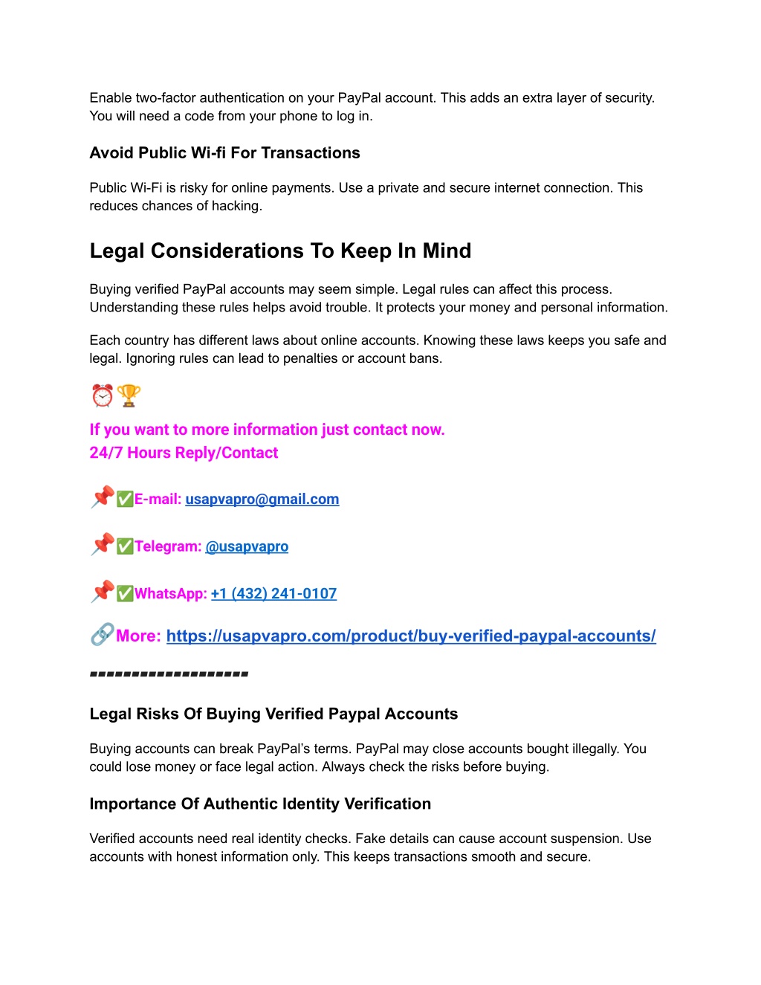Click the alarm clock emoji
pos(103,395)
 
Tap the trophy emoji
pos(129,395)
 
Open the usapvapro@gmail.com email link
pos(262,500)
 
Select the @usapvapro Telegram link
pos(247,546)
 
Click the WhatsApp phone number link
pos(273,593)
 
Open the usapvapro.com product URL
pos(411,636)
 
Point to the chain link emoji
pos(102,634)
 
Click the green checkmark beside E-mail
pos(125,499)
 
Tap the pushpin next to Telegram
pos(103,544)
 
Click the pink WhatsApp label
pos(170,593)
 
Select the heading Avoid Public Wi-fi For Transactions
pos(224,153)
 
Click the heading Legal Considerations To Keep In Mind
pos(280,251)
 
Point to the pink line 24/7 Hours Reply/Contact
pos(184,453)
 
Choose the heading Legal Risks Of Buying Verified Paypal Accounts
pos(273,714)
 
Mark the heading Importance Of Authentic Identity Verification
pos(260,804)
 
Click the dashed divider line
pos(169,674)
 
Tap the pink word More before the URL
pos(138,636)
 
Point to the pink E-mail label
pos(158,500)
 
